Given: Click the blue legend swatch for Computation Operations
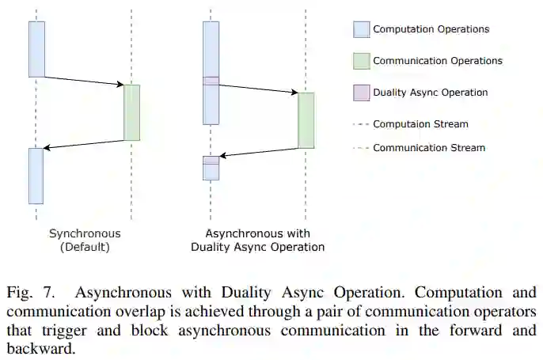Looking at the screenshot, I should [361, 29].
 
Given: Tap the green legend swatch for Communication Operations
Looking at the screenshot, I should [361, 61].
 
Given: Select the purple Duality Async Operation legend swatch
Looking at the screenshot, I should [361, 93].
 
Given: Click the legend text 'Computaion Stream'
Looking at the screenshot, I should [420, 124].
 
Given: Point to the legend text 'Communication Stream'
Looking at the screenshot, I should [429, 148].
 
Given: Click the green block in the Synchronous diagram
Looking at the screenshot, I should [131, 112].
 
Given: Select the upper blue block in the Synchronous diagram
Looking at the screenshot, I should [36, 49].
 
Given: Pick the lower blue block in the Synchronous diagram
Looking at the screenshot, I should [36, 176].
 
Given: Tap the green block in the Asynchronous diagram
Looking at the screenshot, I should [306, 120].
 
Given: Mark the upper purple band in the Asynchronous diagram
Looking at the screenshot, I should [211, 81].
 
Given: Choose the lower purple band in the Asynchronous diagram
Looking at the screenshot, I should [211, 160].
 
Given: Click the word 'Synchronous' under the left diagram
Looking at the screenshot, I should [85, 233].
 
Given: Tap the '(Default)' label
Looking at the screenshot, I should [85, 247].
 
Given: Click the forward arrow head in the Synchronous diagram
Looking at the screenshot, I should [120, 85].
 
